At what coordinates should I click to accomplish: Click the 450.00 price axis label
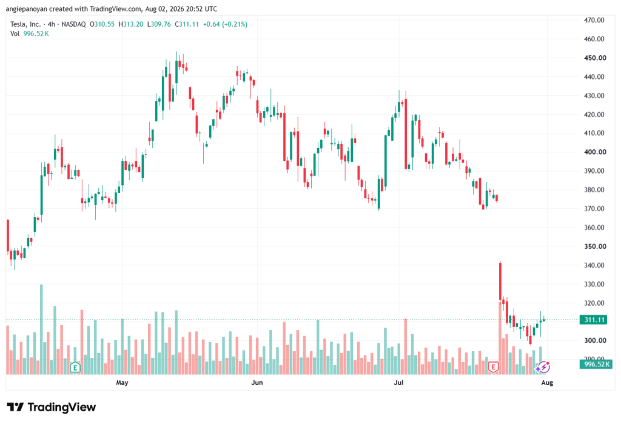click(594, 58)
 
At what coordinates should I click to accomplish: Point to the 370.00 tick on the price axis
click(594, 209)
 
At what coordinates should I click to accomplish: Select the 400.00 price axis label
click(594, 152)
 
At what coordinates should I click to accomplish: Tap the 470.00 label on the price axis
click(594, 20)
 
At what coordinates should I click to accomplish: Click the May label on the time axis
click(122, 382)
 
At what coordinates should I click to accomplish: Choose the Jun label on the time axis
click(257, 382)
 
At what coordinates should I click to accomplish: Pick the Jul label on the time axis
click(398, 382)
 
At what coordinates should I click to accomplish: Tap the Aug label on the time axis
click(547, 382)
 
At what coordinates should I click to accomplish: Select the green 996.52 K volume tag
click(596, 364)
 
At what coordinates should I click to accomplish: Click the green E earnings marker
click(75, 368)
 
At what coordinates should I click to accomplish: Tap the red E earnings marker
click(493, 368)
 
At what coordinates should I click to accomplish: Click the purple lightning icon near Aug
click(543, 368)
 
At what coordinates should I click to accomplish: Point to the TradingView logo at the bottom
click(52, 407)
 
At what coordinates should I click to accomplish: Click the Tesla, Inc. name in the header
click(25, 24)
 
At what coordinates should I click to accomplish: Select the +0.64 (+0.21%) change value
click(226, 24)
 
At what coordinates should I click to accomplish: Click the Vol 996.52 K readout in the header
click(30, 34)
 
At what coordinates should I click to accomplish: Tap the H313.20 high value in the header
click(131, 24)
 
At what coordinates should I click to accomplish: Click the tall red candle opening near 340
click(500, 281)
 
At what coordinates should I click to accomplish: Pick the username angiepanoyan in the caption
click(27, 8)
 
